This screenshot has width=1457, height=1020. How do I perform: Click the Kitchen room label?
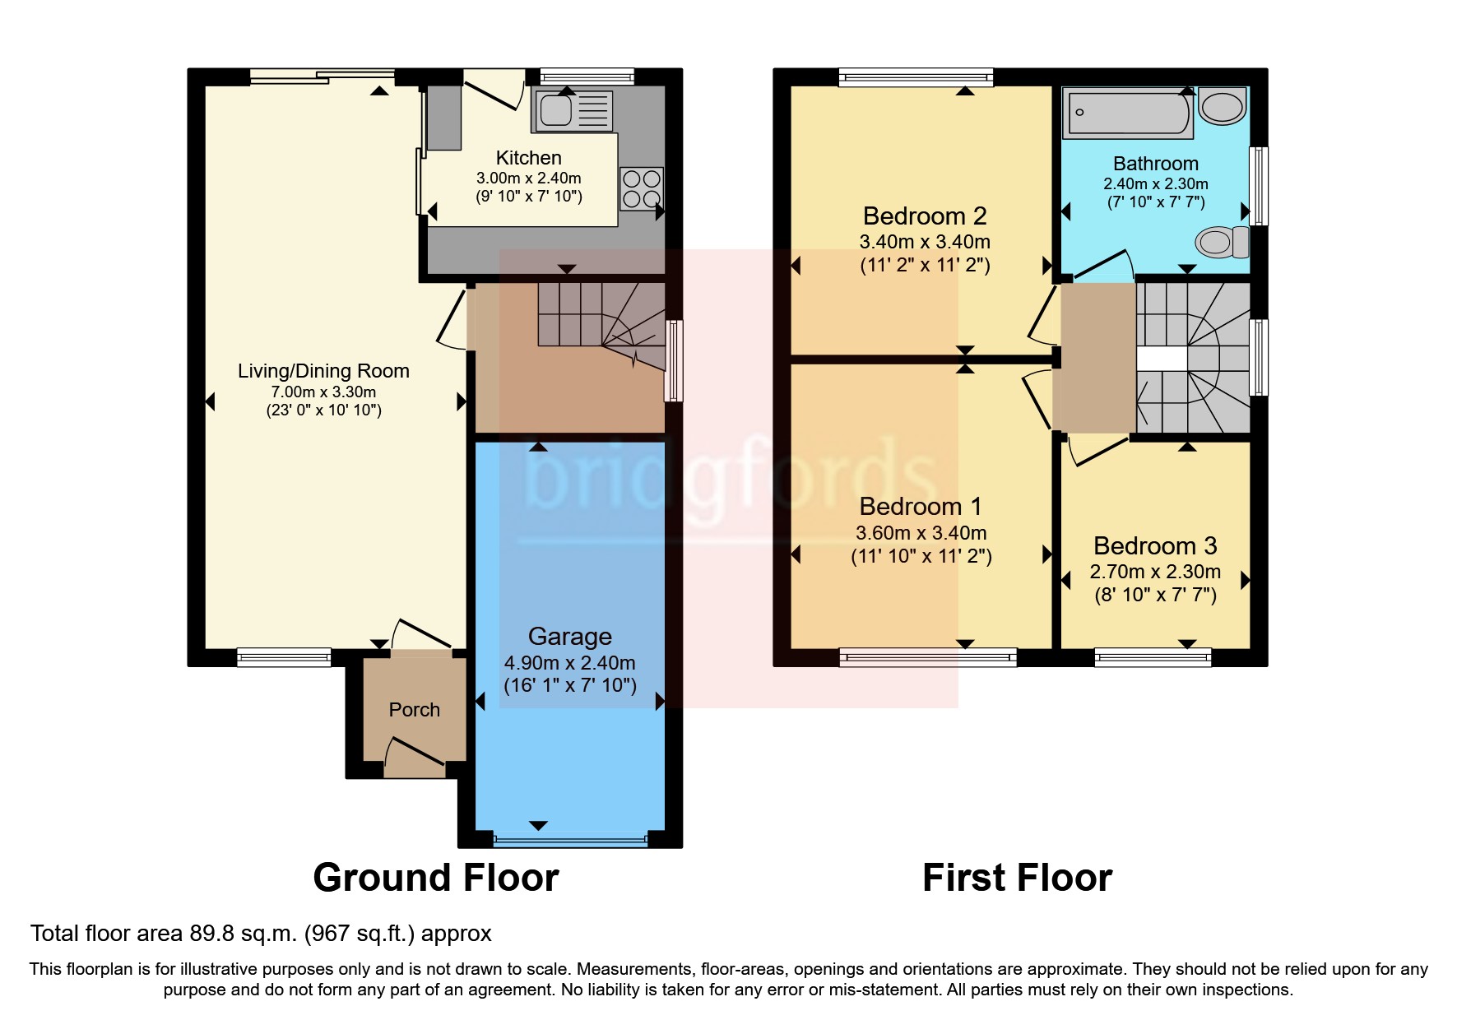point(528,158)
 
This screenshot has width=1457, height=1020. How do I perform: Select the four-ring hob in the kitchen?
point(641,189)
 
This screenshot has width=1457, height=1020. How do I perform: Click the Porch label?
point(414,710)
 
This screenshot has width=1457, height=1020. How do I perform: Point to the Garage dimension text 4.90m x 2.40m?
point(569,663)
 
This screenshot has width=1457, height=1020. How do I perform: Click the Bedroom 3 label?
point(1154,546)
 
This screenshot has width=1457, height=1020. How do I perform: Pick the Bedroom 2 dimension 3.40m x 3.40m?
point(925,243)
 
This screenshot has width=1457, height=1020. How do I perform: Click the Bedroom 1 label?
point(920,507)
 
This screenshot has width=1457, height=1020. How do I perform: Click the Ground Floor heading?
point(435,878)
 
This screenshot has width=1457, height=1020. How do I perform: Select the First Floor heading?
point(1017,878)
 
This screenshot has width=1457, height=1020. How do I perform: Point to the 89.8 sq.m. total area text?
point(260,934)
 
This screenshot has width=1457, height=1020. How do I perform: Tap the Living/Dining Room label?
point(323,371)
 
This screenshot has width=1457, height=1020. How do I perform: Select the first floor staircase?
point(1193,358)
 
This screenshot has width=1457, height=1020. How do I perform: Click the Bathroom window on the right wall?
point(1259,185)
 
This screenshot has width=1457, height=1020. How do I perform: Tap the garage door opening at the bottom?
point(570,841)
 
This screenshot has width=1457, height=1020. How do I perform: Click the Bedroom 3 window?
point(1153,656)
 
